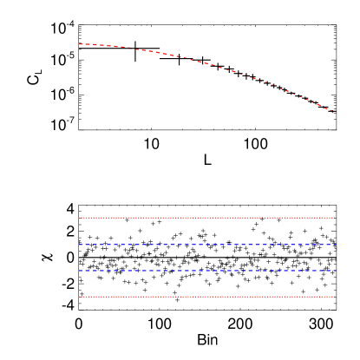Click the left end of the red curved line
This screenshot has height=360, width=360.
click(x=79, y=43)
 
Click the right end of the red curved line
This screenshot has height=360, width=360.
click(x=334, y=111)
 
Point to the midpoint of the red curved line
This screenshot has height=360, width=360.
click(x=206, y=63)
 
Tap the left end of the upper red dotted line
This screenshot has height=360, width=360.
click(x=79, y=218)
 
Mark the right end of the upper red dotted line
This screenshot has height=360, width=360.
click(x=335, y=218)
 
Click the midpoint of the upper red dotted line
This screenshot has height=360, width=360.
click(x=206, y=218)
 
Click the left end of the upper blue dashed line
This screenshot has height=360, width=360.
click(x=79, y=245)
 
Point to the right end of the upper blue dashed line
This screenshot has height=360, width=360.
click(x=335, y=245)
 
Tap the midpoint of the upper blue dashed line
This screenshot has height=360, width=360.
click(x=206, y=245)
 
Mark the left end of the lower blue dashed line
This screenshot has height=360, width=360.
click(x=79, y=271)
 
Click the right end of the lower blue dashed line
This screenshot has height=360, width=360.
click(x=335, y=271)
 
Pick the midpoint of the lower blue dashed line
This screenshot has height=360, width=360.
click(x=206, y=271)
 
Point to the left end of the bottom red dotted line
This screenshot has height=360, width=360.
click(x=79, y=297)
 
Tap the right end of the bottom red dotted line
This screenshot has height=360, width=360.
click(x=335, y=297)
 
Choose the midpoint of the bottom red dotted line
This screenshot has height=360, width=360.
click(x=206, y=297)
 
